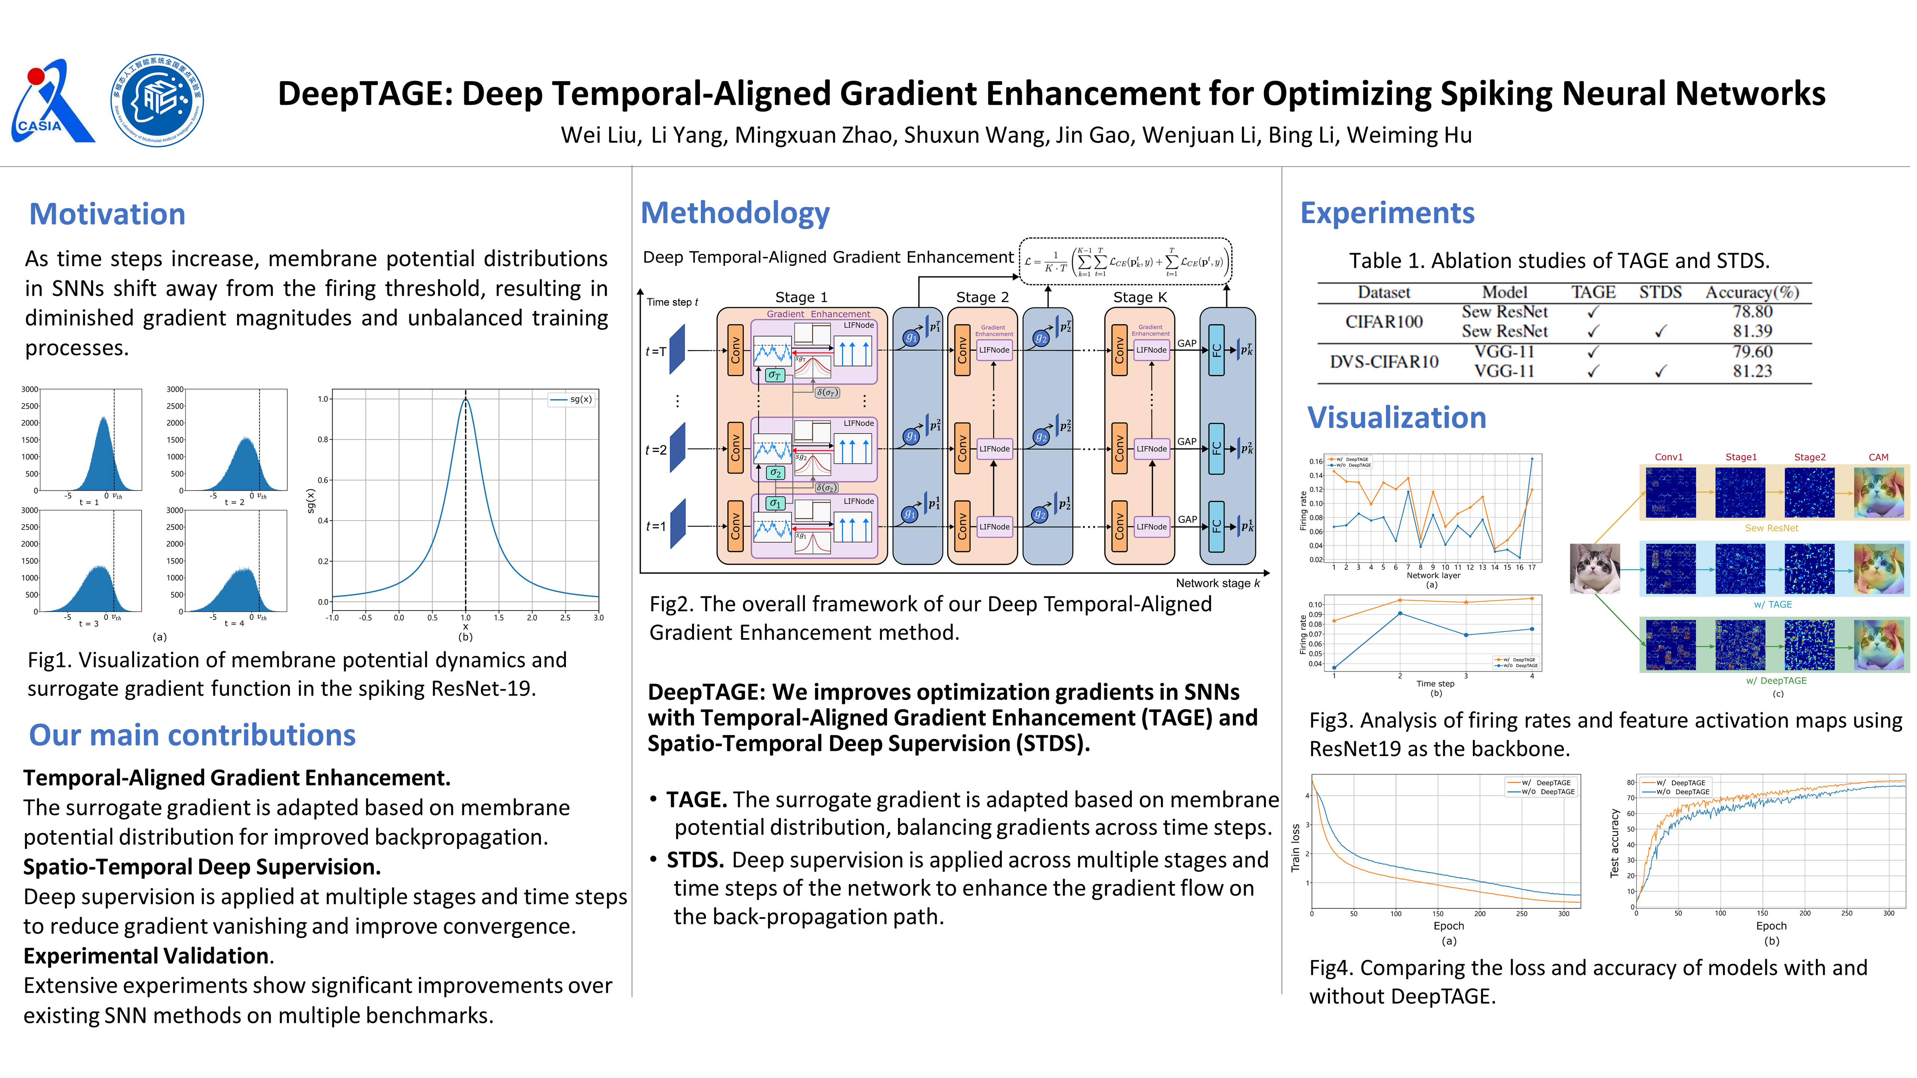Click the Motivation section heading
107,214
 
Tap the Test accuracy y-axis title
1614,843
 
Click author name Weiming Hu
1409,135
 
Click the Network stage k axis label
1217,583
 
